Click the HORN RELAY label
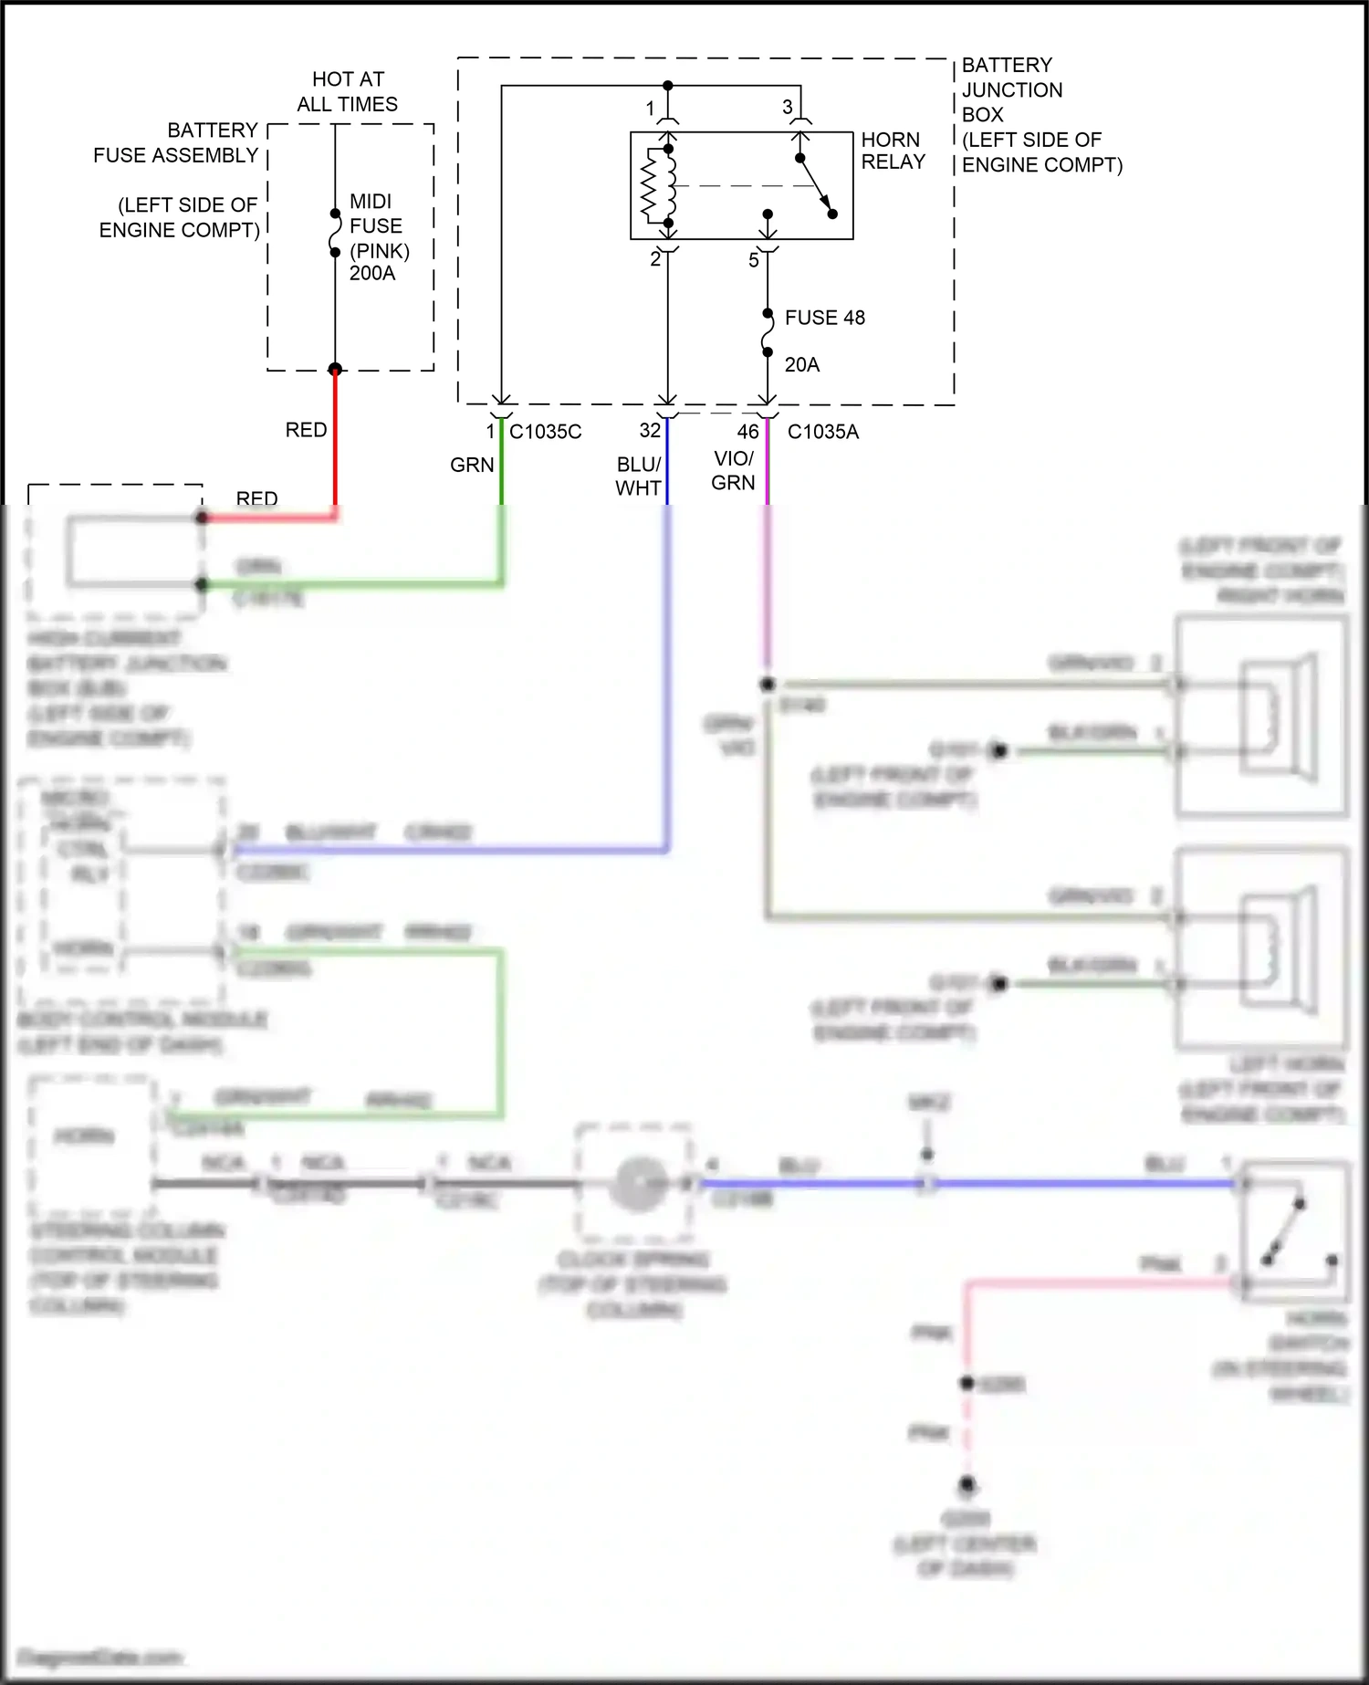click(893, 151)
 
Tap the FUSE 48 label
click(824, 318)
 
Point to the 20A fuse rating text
click(801, 365)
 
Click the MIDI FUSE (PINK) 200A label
click(378, 236)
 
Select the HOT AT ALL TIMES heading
click(348, 91)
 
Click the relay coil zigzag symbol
click(651, 186)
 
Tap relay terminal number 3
click(787, 108)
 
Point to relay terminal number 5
click(753, 260)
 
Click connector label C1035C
click(545, 432)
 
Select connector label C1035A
click(822, 432)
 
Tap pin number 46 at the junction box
click(747, 432)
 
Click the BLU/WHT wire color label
click(638, 476)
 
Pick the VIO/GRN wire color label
click(733, 470)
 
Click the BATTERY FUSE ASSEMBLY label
click(175, 142)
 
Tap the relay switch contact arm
click(816, 186)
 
